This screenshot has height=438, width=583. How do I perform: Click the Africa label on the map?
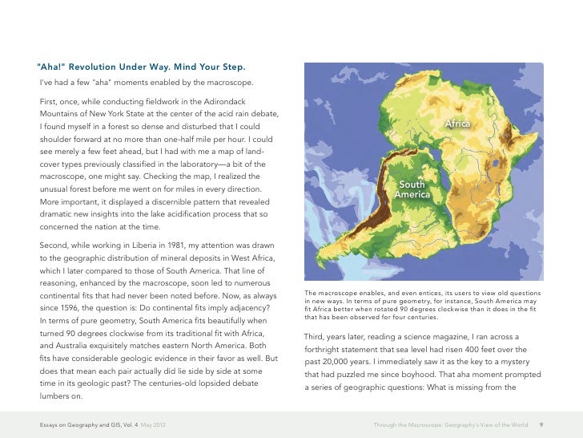click(457, 124)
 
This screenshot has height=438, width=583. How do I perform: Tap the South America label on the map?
click(412, 190)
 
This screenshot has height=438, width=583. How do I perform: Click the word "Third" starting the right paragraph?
click(316, 336)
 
